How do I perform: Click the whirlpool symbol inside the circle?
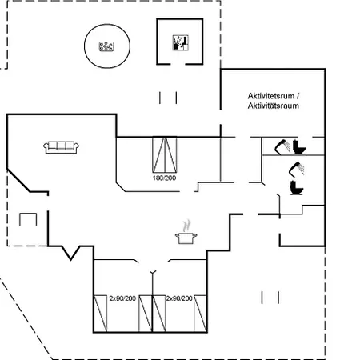(106, 46)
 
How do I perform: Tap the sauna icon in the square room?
(181, 42)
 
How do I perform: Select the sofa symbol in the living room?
(61, 147)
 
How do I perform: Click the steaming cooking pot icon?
(186, 232)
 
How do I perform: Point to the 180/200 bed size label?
(164, 178)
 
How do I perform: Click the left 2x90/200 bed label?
(122, 298)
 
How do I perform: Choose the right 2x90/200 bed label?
(179, 298)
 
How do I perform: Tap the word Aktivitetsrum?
(271, 96)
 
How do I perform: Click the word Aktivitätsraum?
(274, 106)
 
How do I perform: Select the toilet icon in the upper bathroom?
(299, 147)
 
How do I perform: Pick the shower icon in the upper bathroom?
(282, 146)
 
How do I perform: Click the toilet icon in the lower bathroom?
(297, 188)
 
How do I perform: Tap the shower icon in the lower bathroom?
(296, 170)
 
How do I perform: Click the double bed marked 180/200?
(165, 155)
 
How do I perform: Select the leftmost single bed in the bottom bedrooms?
(101, 314)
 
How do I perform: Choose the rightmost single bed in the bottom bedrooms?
(200, 314)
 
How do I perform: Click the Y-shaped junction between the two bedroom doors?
(153, 273)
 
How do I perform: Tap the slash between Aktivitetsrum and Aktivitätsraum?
(298, 96)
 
